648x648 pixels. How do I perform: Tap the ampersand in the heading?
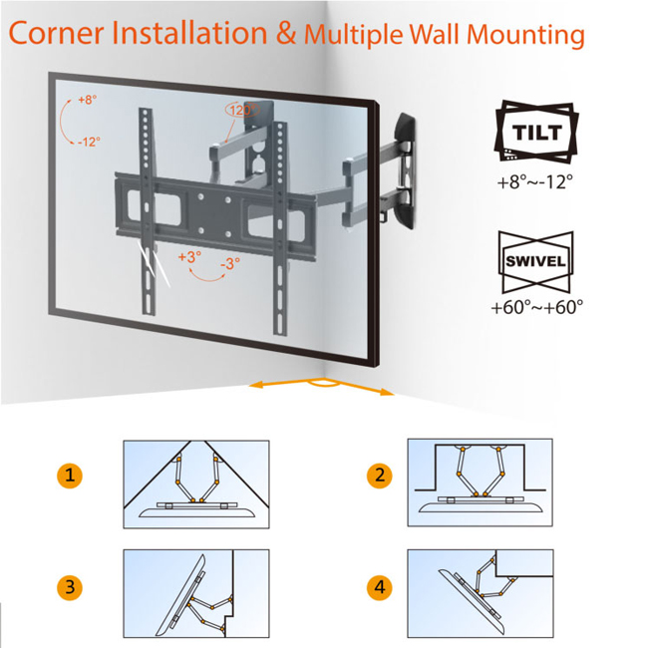[286, 34]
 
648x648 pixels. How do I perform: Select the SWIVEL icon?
[535, 261]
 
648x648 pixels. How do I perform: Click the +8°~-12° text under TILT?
[535, 183]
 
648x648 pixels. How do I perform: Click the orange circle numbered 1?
[69, 476]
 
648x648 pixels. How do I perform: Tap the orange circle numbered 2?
[379, 476]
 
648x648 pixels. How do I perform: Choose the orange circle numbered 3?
[69, 587]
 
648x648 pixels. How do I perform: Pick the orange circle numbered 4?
[379, 587]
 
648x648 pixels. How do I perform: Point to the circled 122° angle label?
[240, 111]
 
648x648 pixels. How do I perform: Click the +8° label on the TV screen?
[88, 101]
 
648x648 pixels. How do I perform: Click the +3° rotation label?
[189, 256]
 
